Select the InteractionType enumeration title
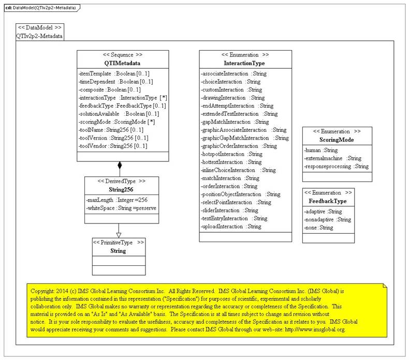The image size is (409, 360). pyautogui.click(x=244, y=63)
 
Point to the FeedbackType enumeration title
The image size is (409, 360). pyautogui.click(x=328, y=201)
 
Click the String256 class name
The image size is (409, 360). pyautogui.click(x=122, y=189)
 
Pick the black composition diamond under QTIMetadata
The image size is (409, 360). pyautogui.click(x=120, y=166)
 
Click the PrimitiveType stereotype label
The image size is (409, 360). pyautogui.click(x=119, y=242)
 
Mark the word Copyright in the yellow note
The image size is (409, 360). pyautogui.click(x=43, y=291)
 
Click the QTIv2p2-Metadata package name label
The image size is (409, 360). pyautogui.click(x=39, y=36)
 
